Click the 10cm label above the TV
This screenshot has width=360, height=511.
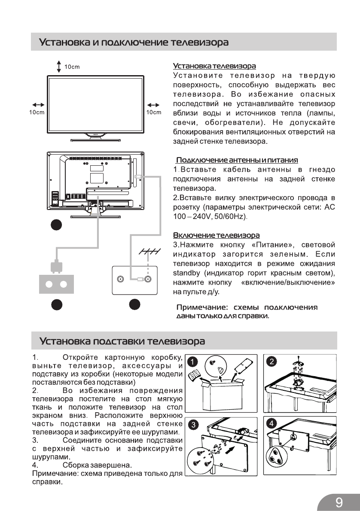tap(72, 67)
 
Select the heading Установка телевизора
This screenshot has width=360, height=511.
tap(214, 66)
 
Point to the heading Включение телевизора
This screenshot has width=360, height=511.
tap(216, 235)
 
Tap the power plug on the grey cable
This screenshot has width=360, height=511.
tap(55, 267)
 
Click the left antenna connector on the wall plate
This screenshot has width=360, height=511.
tap(120, 279)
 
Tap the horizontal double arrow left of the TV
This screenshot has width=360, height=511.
tap(38, 104)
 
